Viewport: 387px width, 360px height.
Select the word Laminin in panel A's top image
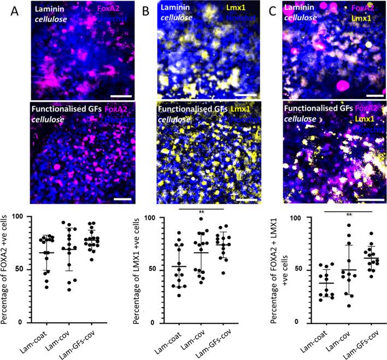48,9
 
